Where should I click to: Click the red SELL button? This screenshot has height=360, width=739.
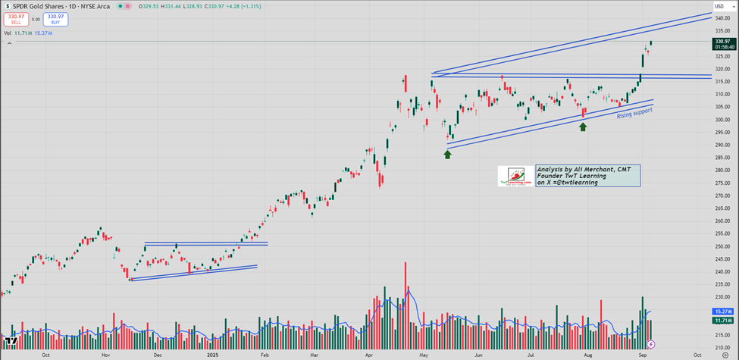[16, 18]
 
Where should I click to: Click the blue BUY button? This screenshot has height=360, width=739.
[55, 18]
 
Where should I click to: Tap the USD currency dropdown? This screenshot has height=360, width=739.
[719, 6]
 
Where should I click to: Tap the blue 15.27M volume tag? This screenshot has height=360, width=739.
[722, 311]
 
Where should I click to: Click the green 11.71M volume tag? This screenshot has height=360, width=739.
[722, 321]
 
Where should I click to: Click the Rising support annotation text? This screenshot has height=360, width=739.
[634, 113]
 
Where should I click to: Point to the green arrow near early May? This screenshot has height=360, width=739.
[447, 154]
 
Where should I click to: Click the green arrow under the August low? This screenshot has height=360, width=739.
[583, 127]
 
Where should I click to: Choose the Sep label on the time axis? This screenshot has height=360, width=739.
[641, 354]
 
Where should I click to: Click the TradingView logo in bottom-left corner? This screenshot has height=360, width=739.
[10, 341]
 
